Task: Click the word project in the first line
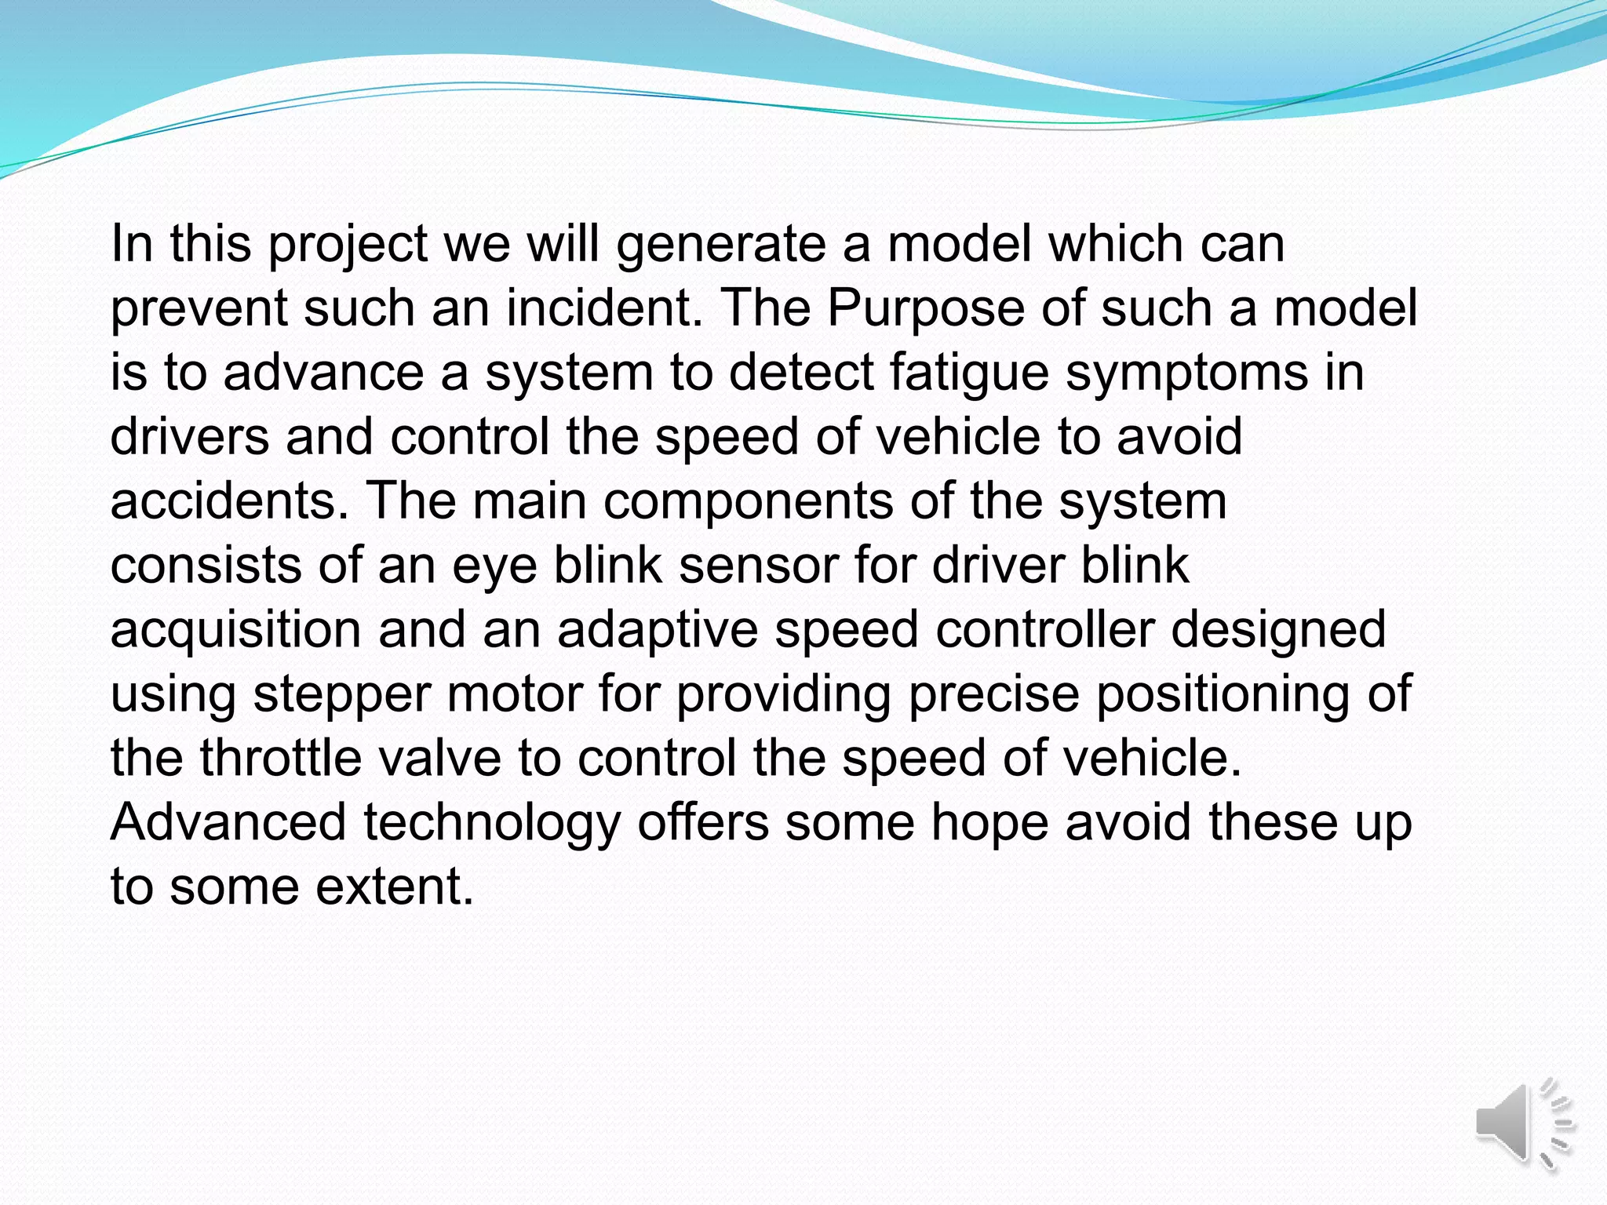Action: coord(348,246)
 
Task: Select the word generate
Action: coord(721,246)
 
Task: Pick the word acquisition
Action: coord(235,631)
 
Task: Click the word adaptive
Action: coord(658,631)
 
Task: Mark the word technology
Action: coord(492,824)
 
